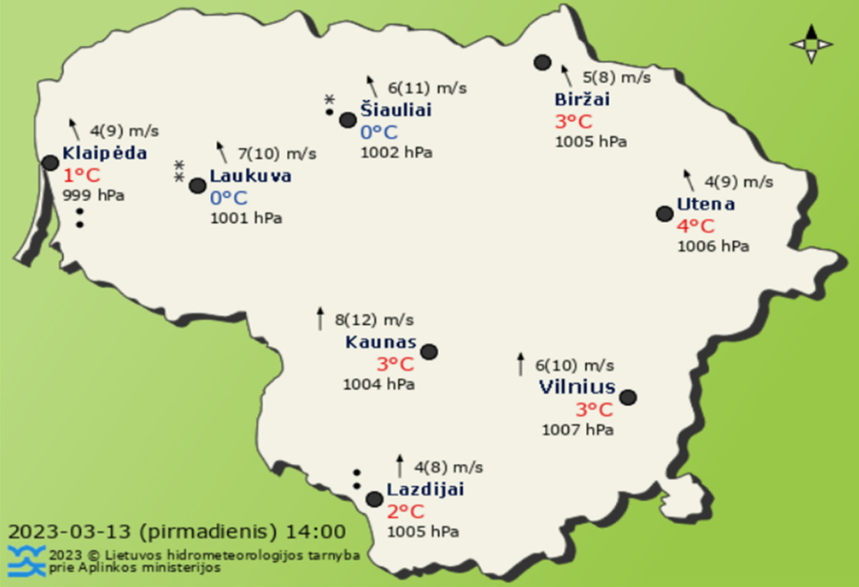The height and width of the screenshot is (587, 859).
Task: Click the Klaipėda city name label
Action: [105, 154]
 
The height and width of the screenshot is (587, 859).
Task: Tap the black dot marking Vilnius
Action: [628, 397]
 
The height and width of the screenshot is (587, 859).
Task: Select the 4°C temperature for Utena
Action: [696, 226]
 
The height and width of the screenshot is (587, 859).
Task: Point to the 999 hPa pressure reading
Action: [93, 196]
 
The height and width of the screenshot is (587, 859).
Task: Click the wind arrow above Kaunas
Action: [321, 318]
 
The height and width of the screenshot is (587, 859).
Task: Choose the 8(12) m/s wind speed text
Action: [374, 320]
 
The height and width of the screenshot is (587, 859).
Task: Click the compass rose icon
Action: [811, 44]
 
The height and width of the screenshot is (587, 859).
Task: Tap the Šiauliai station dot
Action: [348, 120]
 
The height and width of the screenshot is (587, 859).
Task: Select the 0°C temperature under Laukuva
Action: [228, 198]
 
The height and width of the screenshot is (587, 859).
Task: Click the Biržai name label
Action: [582, 100]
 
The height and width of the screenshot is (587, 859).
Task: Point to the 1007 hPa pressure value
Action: [578, 430]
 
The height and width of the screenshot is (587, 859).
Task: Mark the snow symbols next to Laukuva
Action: [179, 171]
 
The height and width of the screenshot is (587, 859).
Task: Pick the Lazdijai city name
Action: [425, 490]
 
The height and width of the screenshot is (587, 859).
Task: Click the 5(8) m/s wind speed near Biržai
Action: [617, 77]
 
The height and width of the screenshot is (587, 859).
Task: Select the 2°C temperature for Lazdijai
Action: [406, 512]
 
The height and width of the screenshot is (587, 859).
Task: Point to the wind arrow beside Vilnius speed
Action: [520, 364]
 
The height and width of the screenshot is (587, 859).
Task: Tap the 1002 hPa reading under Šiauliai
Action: [396, 152]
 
